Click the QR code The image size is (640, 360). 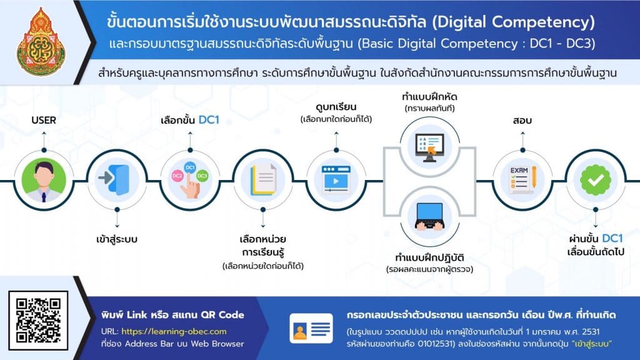(x=38, y=321)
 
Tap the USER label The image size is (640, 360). (x=44, y=120)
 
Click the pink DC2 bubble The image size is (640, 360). (x=177, y=176)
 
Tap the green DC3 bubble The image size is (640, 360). (x=202, y=176)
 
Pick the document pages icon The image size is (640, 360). (x=264, y=179)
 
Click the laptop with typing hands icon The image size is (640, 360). (x=429, y=216)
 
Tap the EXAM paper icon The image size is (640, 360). (x=522, y=179)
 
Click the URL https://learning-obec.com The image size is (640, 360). (x=174, y=331)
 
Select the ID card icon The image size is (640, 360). (x=311, y=328)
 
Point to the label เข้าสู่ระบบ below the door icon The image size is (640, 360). (x=117, y=239)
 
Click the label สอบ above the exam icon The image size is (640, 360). (x=522, y=121)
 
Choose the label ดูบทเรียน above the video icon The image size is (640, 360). (x=336, y=106)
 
